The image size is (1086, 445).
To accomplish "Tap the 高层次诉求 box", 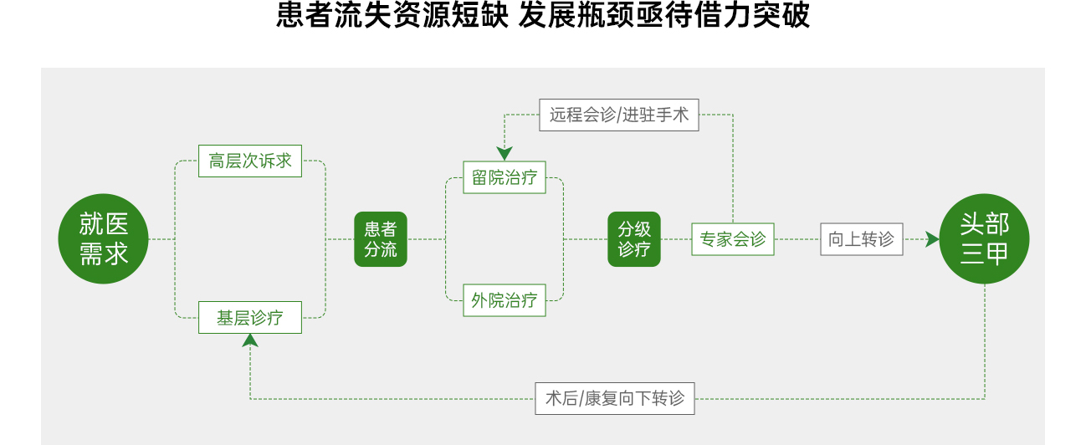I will click(250, 161).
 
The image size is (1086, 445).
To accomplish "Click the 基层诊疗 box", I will click(250, 318).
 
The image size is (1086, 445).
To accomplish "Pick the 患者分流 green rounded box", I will click(381, 239).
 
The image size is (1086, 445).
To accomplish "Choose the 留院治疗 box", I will click(504, 177).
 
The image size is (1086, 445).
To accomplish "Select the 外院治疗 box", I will click(504, 300).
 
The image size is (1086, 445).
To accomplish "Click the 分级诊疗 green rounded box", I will click(634, 239).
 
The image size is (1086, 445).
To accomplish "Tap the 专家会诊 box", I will click(733, 239).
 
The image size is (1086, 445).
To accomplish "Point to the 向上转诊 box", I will click(862, 239).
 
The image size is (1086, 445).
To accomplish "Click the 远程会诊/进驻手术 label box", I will click(619, 115).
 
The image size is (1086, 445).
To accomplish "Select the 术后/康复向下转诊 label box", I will click(615, 398).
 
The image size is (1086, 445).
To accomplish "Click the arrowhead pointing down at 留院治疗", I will click(504, 154).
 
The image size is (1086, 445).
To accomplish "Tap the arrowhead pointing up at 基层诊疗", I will click(250, 340).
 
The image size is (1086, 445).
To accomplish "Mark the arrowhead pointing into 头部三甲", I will click(933, 239).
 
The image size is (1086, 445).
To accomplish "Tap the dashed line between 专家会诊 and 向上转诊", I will click(797, 239).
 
